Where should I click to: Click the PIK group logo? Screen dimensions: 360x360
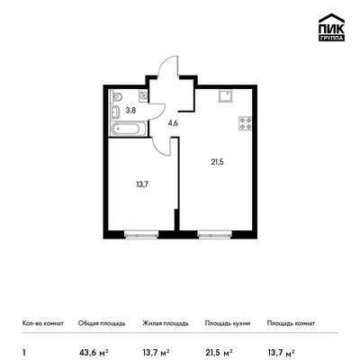pyautogui.click(x=331, y=27)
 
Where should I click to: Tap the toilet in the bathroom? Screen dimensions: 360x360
pyautogui.click(x=116, y=96)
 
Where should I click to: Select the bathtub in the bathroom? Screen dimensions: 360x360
pyautogui.click(x=129, y=130)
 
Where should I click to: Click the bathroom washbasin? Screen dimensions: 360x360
pyautogui.click(x=115, y=112)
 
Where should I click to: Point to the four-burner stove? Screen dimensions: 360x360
pyautogui.click(x=245, y=123)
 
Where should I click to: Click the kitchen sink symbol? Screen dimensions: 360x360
pyautogui.click(x=226, y=96)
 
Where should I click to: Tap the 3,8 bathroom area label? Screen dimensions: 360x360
pyautogui.click(x=130, y=111)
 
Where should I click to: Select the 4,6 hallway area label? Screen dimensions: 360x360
pyautogui.click(x=174, y=123)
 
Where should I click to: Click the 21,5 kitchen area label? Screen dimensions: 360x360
pyautogui.click(x=217, y=162)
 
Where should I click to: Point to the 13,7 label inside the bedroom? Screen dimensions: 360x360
pyautogui.click(x=142, y=184)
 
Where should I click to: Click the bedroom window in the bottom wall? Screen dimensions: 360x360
pyautogui.click(x=141, y=234)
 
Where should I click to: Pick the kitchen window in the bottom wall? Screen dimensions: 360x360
pyautogui.click(x=215, y=234)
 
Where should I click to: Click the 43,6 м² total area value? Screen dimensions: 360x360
pyautogui.click(x=94, y=352)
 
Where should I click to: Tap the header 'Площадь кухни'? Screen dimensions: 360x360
pyautogui.click(x=228, y=323)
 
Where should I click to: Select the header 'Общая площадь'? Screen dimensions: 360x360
pyautogui.click(x=102, y=323)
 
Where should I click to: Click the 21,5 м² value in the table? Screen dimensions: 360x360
pyautogui.click(x=219, y=352)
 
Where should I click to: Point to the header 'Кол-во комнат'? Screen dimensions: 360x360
pyautogui.click(x=43, y=323)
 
